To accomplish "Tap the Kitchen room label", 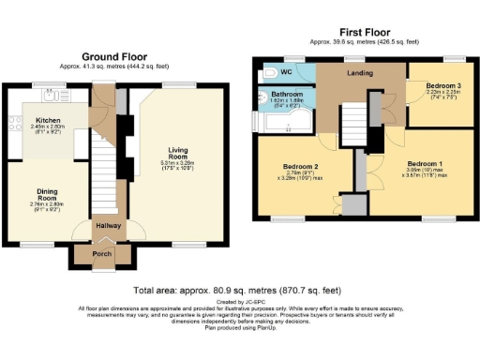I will pos(48,121).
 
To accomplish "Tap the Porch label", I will pos(104,252).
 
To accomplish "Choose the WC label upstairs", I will pos(286,71).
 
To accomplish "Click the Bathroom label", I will pos(286,95).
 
